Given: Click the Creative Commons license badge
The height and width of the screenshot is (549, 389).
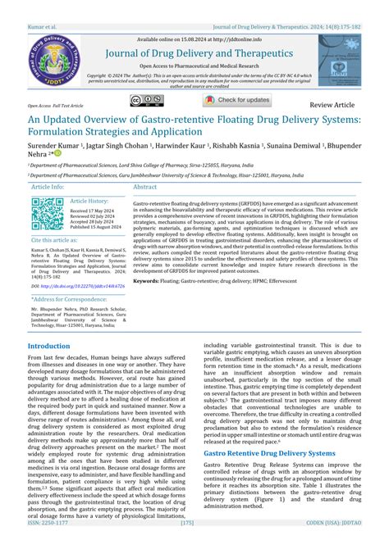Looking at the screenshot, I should click(167, 101).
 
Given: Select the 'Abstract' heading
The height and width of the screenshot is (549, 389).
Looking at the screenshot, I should click(144, 187).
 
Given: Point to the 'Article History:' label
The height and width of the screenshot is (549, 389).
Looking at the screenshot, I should click(89, 201).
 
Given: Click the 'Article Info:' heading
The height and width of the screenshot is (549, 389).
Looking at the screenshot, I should click(48, 187).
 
